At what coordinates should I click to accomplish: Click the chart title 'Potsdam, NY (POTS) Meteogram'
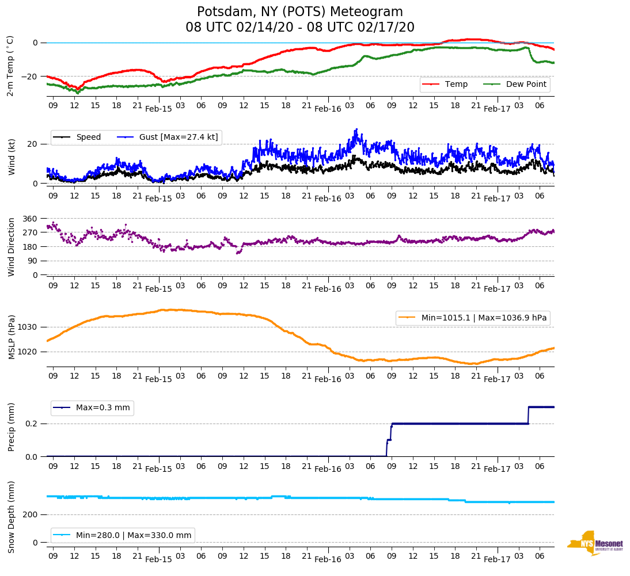coord(299,12)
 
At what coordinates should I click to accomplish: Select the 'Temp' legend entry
coord(456,85)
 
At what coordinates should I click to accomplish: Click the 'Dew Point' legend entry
coord(526,85)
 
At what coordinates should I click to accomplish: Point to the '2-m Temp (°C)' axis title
coord(10,66)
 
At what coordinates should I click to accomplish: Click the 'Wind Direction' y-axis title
coord(12,246)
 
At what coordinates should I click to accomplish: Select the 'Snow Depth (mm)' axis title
coord(12,517)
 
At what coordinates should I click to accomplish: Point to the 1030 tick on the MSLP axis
coord(28,327)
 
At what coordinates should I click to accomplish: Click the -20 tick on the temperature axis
coord(30,77)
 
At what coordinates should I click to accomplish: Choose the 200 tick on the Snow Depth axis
coord(31,514)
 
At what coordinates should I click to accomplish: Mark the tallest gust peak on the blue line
coord(356,129)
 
